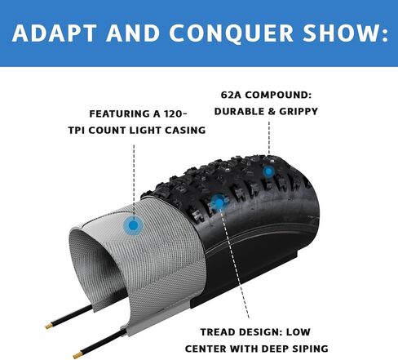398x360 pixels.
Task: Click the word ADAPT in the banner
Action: pos(55,33)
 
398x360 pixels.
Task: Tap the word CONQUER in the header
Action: pos(231,33)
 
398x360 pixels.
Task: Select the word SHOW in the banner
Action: pos(341,33)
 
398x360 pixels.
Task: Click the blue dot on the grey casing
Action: pos(133,225)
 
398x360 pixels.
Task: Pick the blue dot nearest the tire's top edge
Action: pos(268,171)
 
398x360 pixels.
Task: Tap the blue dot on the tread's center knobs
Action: pos(219,202)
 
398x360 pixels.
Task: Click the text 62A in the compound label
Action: pos(231,95)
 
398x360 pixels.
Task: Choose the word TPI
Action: pos(77,131)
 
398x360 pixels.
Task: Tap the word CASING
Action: pos(185,131)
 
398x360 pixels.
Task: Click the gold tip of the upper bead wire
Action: pos(49,326)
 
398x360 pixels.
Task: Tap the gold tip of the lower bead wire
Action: pos(77,355)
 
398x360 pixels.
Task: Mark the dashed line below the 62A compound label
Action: pos(269,138)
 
